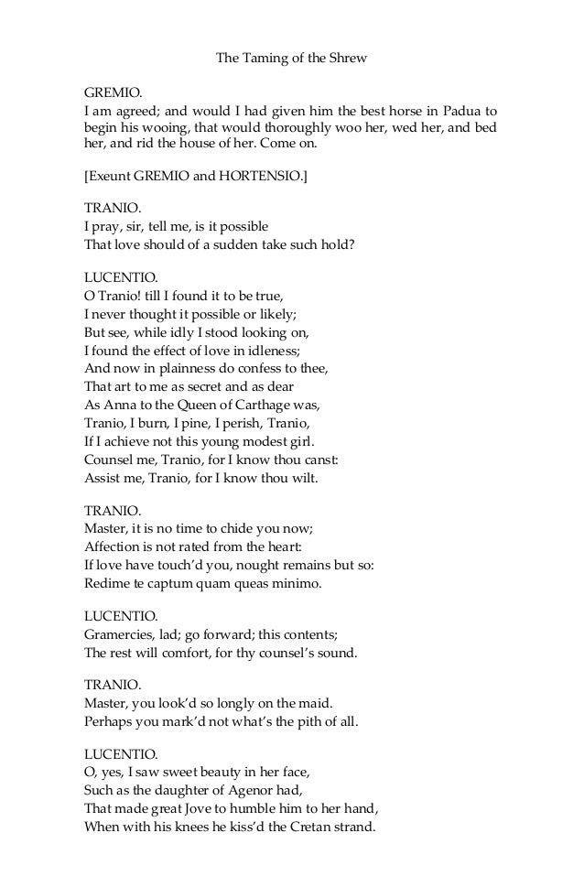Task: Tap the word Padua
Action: click(459, 111)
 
